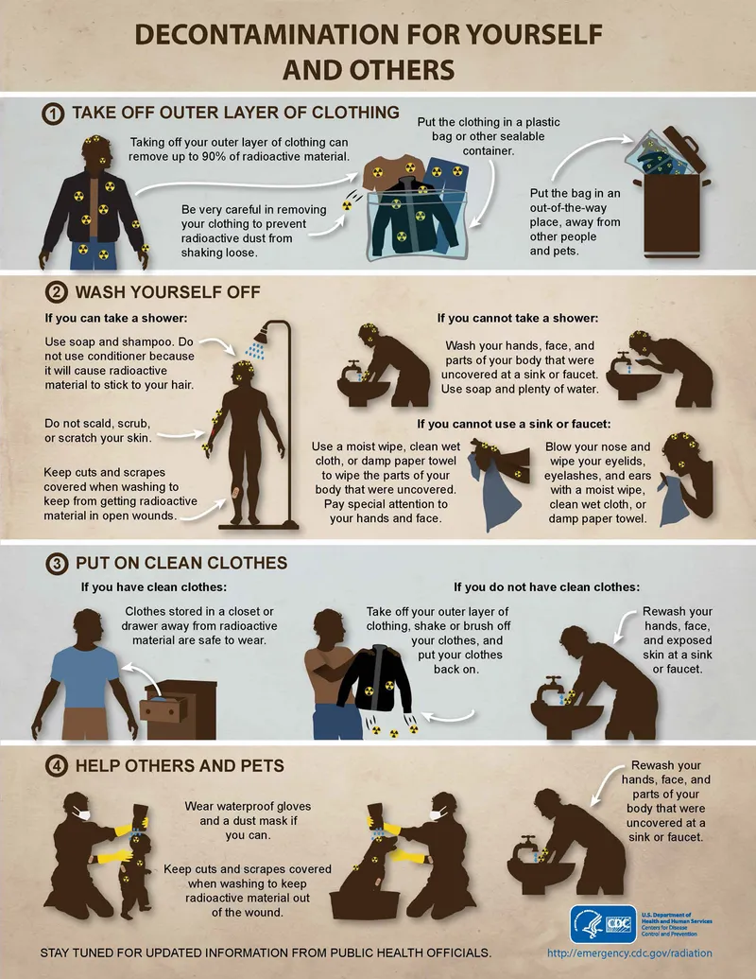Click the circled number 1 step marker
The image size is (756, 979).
[53, 114]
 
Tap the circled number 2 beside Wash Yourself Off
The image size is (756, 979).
[53, 293]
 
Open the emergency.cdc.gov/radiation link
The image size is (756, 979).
[630, 953]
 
